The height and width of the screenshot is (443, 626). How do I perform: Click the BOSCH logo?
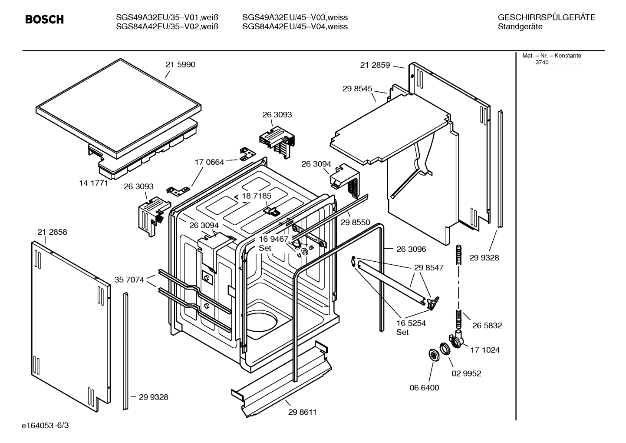point(44,20)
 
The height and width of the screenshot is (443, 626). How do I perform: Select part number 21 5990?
point(180,65)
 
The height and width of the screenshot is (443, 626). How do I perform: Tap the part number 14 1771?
point(93,183)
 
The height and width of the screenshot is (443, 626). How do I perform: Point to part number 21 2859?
point(375,65)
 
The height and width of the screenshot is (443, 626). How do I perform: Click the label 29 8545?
point(357,89)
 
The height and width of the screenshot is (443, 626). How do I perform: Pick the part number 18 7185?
point(257,196)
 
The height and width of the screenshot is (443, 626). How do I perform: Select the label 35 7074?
point(129,280)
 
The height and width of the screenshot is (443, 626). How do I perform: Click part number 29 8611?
point(302,412)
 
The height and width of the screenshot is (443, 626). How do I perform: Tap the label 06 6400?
point(424,388)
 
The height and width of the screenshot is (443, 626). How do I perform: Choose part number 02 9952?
point(466,373)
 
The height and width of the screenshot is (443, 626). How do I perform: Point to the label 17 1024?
point(485,350)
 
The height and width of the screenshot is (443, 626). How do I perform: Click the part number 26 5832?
point(487,326)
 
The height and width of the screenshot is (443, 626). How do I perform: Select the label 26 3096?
point(411,249)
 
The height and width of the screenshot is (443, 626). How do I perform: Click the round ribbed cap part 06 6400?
point(433,355)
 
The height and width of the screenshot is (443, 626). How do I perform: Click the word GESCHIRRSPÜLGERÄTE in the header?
point(546,18)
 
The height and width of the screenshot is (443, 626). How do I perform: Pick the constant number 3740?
point(541,63)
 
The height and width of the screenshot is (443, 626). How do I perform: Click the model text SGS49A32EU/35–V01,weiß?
point(167,18)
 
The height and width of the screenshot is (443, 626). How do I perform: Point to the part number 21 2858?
point(52,232)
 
